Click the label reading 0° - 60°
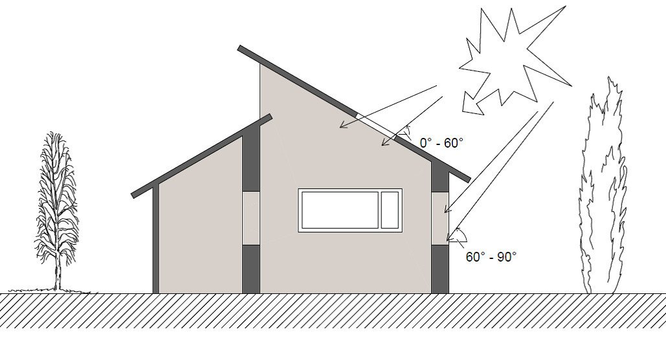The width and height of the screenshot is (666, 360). click(x=441, y=143)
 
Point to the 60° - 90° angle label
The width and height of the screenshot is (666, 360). click(x=491, y=256)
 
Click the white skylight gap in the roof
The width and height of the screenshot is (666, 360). click(x=376, y=126)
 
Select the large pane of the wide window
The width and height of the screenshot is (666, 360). click(x=340, y=210)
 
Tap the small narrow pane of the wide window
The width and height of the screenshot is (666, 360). click(x=390, y=210)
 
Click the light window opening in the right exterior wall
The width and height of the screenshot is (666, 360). click(x=440, y=218)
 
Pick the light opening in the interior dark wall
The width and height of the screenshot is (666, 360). click(x=250, y=218)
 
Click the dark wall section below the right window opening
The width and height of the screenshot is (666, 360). click(x=440, y=269)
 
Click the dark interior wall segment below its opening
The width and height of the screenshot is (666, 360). click(x=250, y=269)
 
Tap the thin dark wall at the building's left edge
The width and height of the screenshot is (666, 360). click(x=155, y=239)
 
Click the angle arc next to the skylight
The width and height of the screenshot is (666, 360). click(x=408, y=131)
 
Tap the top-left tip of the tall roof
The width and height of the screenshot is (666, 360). click(x=238, y=48)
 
